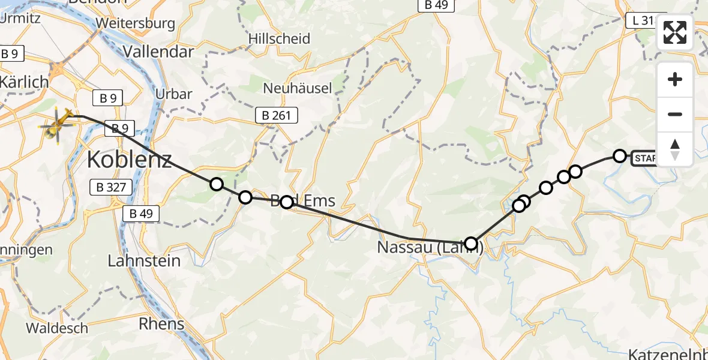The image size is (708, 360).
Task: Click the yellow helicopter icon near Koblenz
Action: (x=58, y=124)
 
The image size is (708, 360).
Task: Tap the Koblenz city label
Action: (x=129, y=160)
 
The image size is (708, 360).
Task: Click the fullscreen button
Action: (x=675, y=32)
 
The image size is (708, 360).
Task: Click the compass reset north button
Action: (x=675, y=149)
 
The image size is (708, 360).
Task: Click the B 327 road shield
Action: (x=111, y=187)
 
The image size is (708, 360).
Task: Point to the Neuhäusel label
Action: (x=298, y=88)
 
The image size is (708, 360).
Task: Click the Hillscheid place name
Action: (x=280, y=39)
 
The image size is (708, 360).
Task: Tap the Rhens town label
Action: (x=161, y=324)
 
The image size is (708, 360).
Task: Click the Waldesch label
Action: (x=57, y=328)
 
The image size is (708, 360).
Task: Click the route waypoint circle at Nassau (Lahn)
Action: (x=471, y=244)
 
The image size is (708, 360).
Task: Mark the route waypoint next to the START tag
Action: (x=619, y=156)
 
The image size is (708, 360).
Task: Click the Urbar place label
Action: (x=173, y=94)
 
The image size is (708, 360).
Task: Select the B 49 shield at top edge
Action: (x=436, y=5)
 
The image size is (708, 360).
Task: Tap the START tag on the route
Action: (x=645, y=158)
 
